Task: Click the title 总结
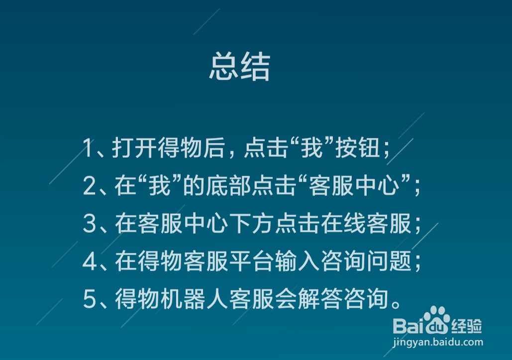coord(239,67)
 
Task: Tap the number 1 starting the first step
coord(89,148)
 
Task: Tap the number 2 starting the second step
coord(89,186)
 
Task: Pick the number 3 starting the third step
coord(89,224)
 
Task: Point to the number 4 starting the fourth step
coord(89,262)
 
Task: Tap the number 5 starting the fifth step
coord(89,300)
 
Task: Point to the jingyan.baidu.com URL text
coord(438,343)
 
